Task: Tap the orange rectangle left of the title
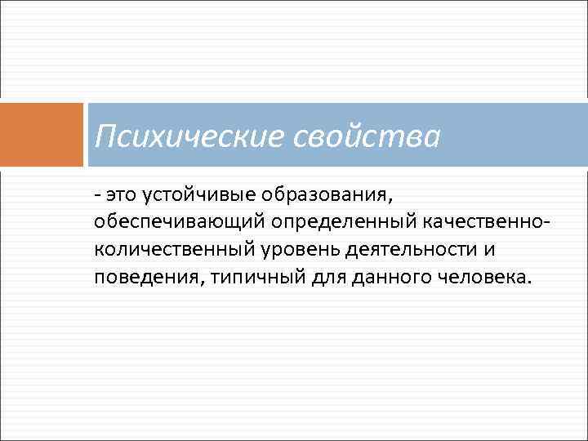[x=42, y=135]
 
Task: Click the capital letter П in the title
[x=105, y=136]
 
